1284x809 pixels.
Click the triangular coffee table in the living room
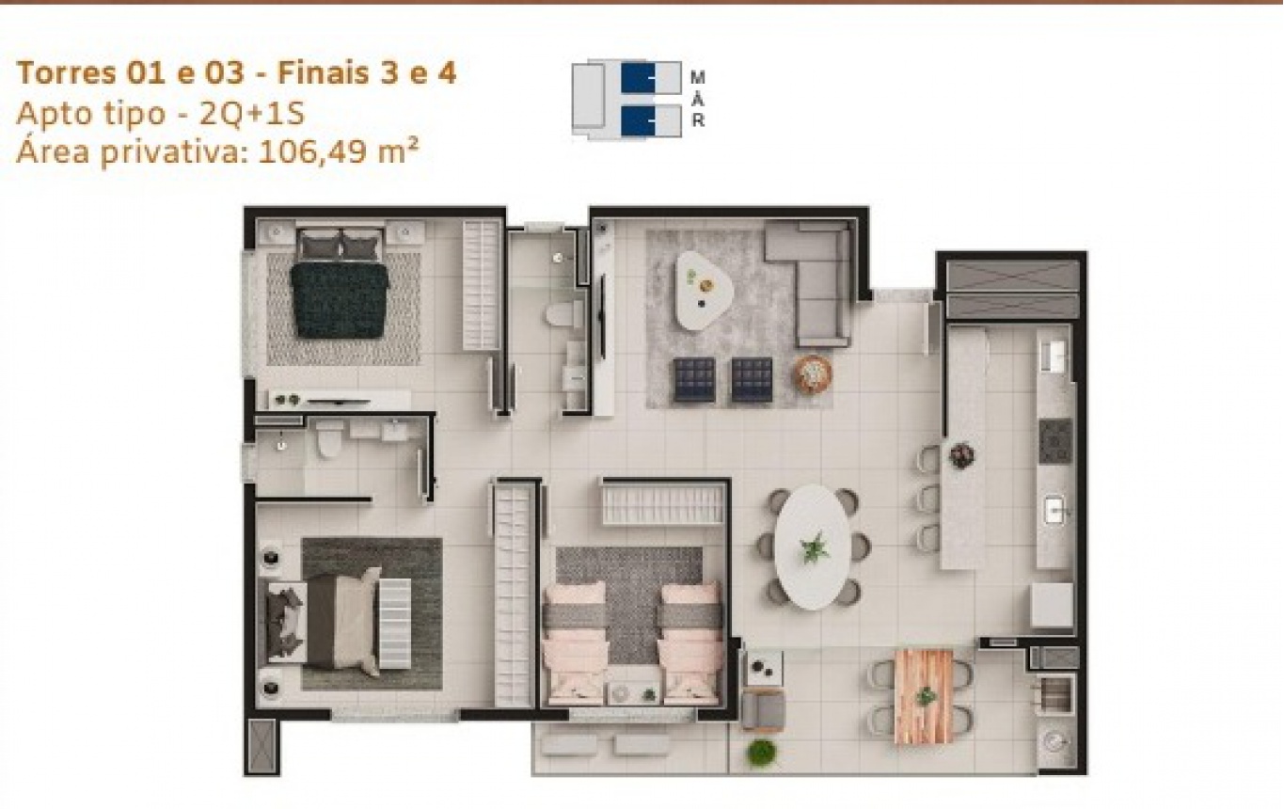[704, 290]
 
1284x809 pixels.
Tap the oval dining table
[813, 547]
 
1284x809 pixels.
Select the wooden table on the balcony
[924, 696]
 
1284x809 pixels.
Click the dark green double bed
[340, 299]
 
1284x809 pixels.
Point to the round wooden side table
[812, 374]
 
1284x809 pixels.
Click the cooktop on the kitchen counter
[1055, 441]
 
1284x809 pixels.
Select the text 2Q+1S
[252, 114]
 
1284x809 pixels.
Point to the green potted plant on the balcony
[761, 753]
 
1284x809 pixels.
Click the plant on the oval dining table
[815, 547]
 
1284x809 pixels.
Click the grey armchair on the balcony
[762, 711]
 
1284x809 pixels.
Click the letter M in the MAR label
[698, 78]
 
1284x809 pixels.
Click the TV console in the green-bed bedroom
[340, 400]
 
